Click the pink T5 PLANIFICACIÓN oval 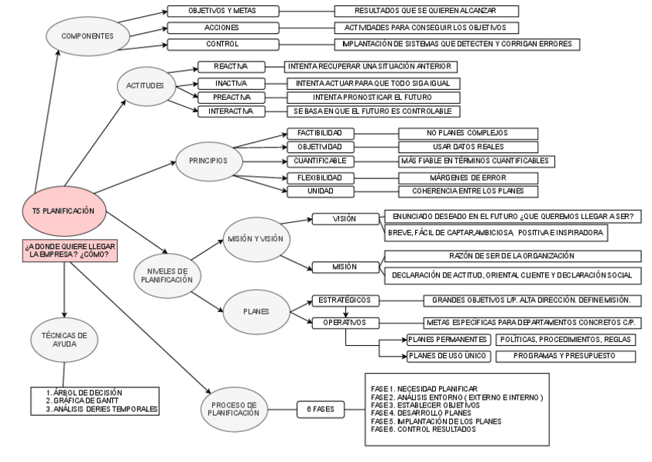coord(64,211)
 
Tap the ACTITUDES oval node coord(148,85)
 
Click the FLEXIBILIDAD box coord(320,176)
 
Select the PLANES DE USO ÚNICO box coord(447,356)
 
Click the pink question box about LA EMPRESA coord(65,251)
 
